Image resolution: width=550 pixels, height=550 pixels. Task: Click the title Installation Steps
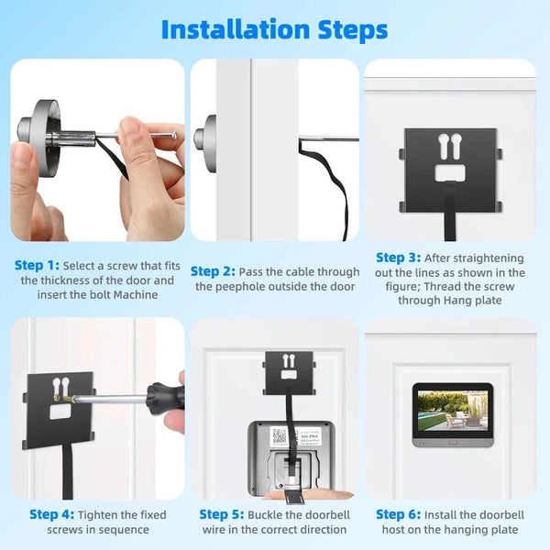coord(274,28)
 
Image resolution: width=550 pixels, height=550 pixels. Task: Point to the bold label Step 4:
coord(51,514)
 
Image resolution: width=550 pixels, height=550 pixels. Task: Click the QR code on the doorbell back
coord(280,435)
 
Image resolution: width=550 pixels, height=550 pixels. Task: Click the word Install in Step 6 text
coord(447,514)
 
